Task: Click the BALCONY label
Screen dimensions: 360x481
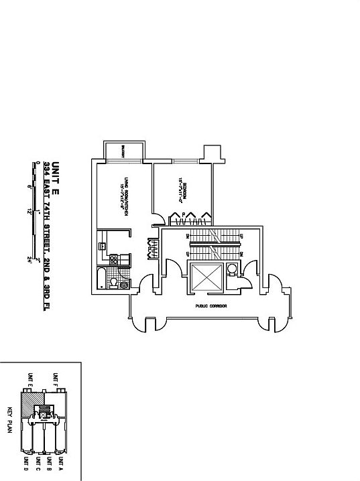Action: click(124, 151)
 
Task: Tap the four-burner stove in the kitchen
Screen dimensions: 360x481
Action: click(114, 259)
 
